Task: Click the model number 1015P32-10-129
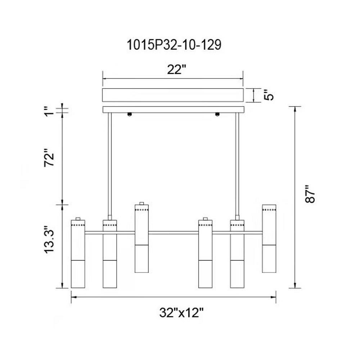[x=174, y=45]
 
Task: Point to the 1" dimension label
[x=49, y=111]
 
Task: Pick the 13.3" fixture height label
[x=49, y=240]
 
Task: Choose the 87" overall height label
[x=310, y=194]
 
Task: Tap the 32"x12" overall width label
[x=181, y=312]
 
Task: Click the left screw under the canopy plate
[x=130, y=114]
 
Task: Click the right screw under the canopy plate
[x=217, y=114]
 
